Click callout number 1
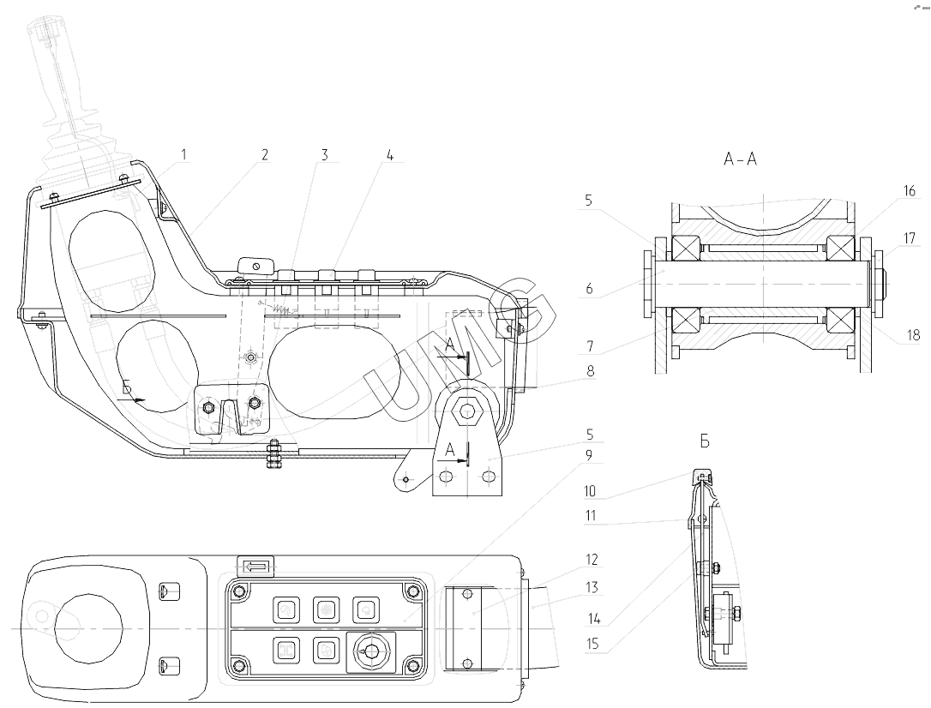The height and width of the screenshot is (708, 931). click(183, 155)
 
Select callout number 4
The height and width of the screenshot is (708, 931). click(389, 155)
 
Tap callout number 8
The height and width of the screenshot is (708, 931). click(590, 371)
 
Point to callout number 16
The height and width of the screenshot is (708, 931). click(909, 191)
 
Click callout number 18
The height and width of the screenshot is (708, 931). click(913, 335)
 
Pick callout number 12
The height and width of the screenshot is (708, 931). click(592, 560)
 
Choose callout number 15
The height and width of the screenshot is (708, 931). click(592, 644)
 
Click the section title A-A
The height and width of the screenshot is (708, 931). click(741, 159)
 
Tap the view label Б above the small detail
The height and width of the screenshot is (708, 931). click(705, 441)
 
